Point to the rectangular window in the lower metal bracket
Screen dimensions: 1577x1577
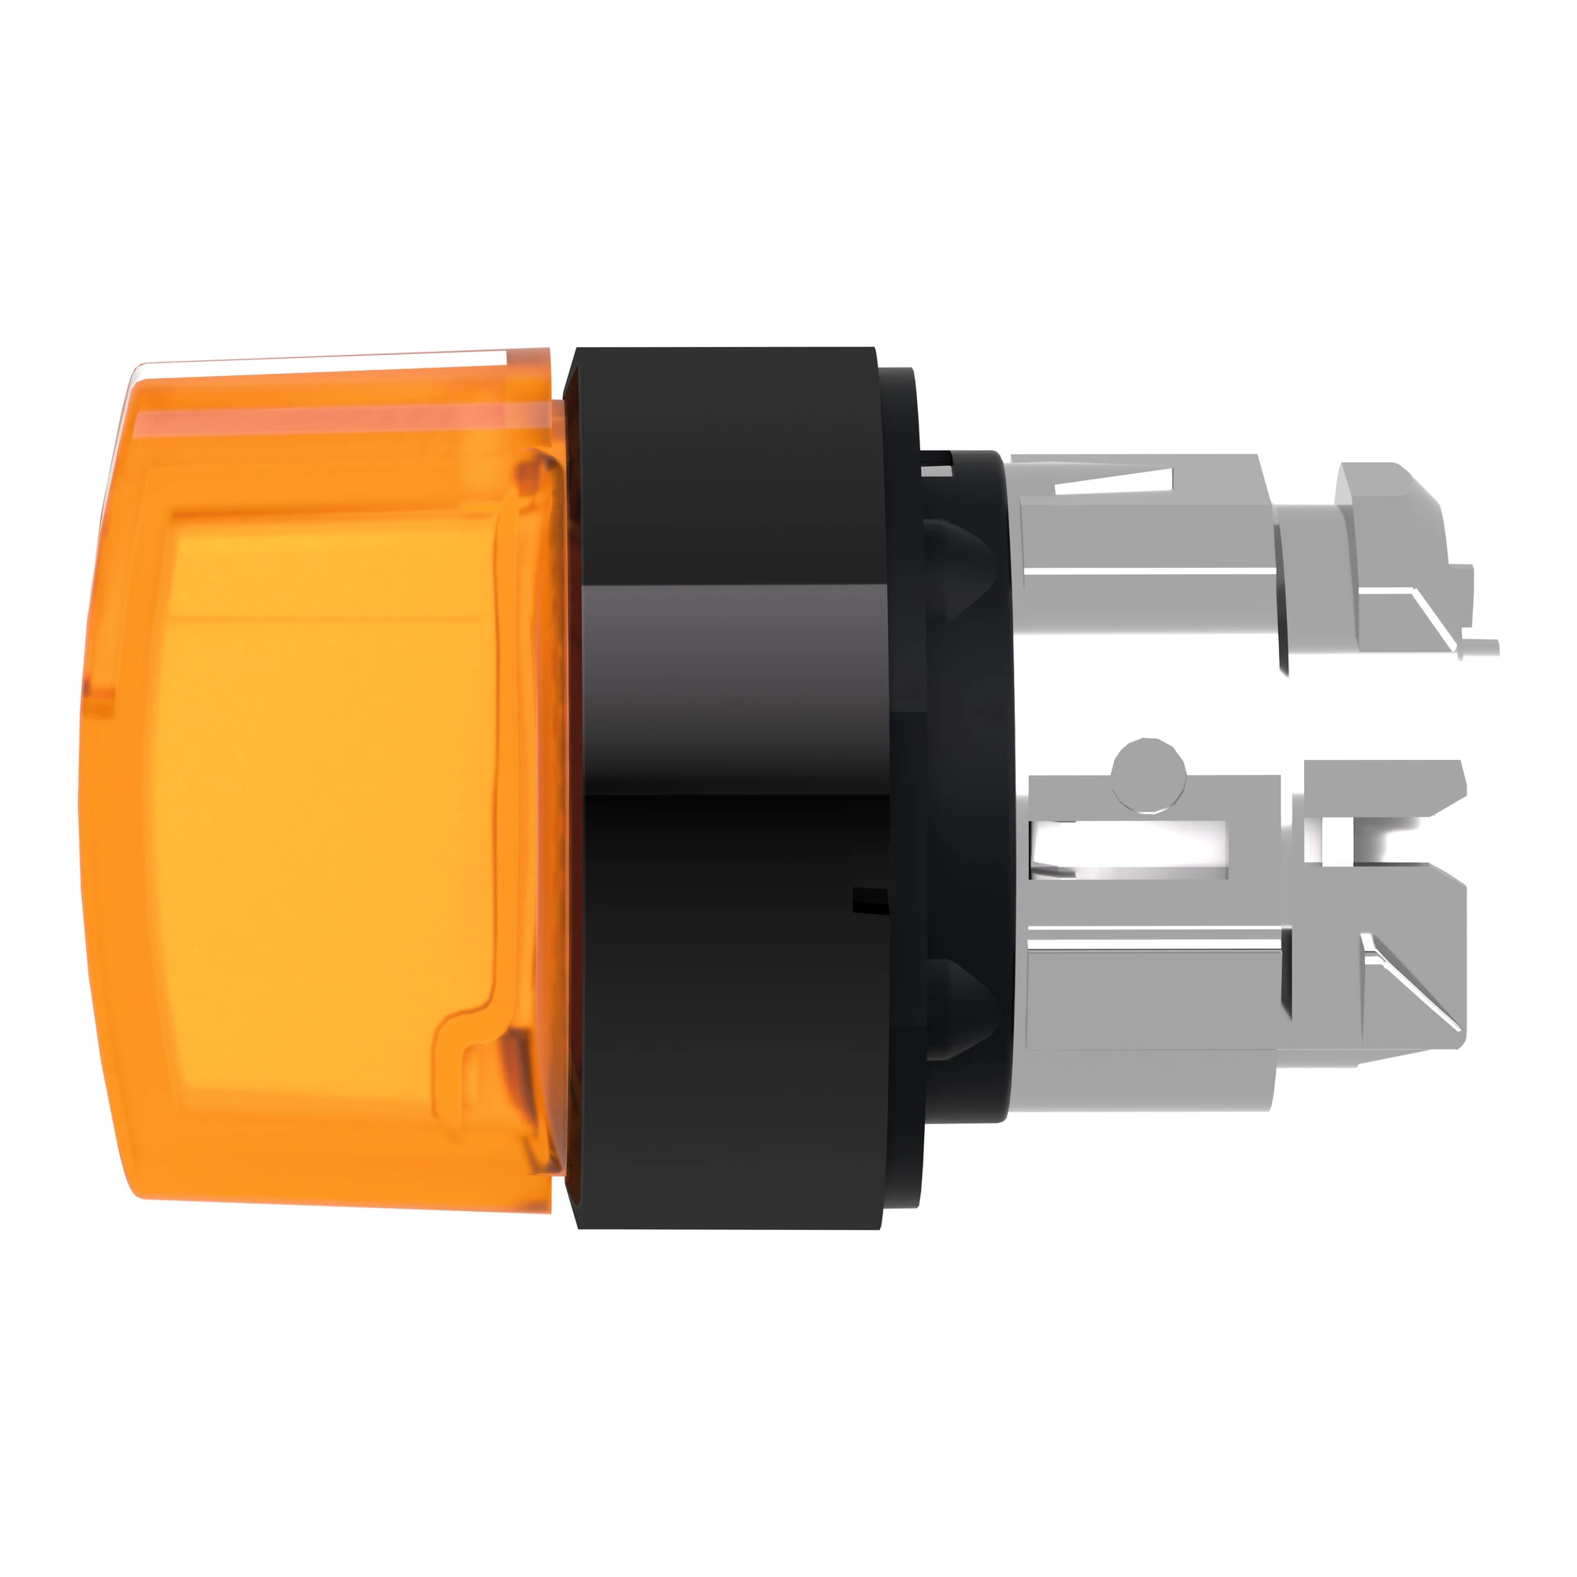[1131, 849]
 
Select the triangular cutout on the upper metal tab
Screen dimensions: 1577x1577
[1114, 483]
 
